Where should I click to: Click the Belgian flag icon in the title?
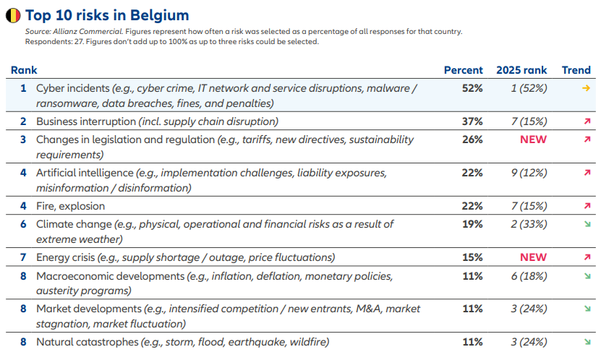click(x=13, y=15)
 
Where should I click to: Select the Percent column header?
click(x=463, y=70)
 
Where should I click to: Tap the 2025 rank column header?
click(x=521, y=70)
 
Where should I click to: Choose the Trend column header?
click(x=576, y=70)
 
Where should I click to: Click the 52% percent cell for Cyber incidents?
click(x=472, y=88)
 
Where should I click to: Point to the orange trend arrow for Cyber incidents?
click(x=586, y=88)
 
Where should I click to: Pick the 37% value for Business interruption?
click(x=472, y=121)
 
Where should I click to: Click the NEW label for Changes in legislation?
click(x=533, y=140)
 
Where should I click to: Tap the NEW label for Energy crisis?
click(x=533, y=257)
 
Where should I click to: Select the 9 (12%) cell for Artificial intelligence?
click(x=529, y=173)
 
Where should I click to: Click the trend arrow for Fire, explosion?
click(x=587, y=206)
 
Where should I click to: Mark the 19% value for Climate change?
click(x=472, y=224)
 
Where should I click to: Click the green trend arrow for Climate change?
click(x=587, y=224)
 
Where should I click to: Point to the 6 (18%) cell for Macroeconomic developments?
click(x=529, y=276)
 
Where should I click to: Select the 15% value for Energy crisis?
click(x=472, y=257)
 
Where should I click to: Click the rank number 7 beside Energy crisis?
click(x=23, y=257)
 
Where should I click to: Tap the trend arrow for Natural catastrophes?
click(x=587, y=342)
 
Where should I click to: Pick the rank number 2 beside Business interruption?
click(x=23, y=121)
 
